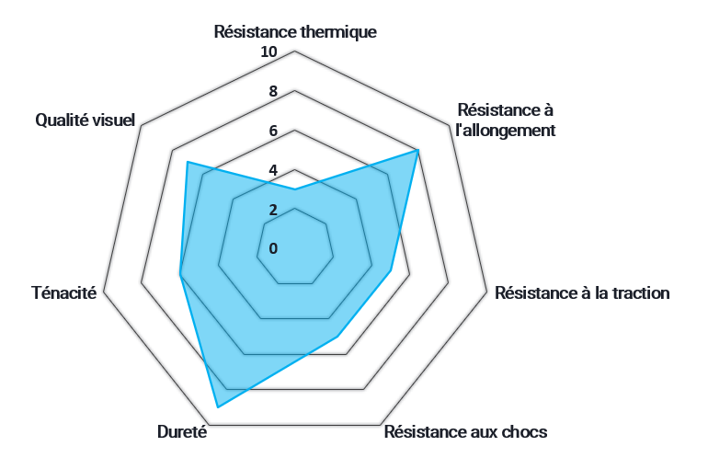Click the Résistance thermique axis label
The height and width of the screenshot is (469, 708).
coord(295,32)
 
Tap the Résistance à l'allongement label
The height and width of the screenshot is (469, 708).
coord(506,120)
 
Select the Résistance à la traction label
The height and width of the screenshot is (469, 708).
coord(582,293)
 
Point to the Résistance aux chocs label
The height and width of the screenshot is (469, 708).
coord(465,432)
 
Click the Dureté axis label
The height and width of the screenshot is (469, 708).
coord(182,432)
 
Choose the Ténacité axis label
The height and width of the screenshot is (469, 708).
coord(63,293)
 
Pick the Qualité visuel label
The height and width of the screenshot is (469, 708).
coord(85,120)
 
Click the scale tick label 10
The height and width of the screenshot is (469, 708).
coord(268,51)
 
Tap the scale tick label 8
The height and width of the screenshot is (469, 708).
coord(273,91)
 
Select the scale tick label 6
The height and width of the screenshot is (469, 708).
coord(273,131)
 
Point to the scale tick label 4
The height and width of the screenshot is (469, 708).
coord(273,170)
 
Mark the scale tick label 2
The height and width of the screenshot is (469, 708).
coord(273,210)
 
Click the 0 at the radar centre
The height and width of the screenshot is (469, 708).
coord(273,248)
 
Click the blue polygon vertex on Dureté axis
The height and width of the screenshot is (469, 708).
coord(217,406)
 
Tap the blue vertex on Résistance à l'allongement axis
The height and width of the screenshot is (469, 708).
coord(417,150)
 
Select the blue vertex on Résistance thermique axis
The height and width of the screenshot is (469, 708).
coord(294,189)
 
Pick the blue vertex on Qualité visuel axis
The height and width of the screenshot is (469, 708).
coord(188,163)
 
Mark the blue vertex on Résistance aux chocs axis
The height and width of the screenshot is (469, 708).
coord(337,337)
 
